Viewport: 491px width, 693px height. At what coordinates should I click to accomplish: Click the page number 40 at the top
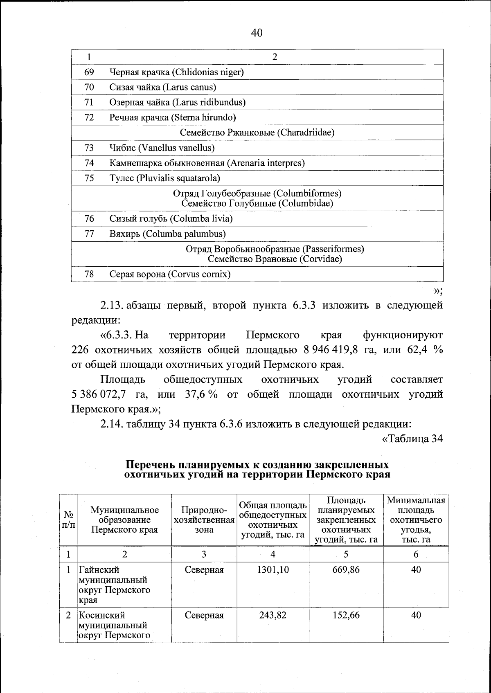click(x=257, y=33)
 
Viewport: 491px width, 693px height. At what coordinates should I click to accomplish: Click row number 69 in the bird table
click(x=89, y=72)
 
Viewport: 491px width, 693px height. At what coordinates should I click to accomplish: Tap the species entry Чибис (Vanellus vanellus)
click(x=162, y=148)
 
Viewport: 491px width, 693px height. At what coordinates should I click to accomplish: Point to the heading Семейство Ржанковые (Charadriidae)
click(x=257, y=133)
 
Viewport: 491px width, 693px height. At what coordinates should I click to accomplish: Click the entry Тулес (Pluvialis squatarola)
click(x=165, y=178)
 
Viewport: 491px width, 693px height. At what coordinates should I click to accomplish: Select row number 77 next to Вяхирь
click(x=89, y=234)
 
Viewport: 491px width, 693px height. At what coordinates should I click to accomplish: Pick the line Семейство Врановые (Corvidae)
click(x=275, y=259)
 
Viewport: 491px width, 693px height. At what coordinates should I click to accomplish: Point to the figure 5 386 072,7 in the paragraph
click(x=98, y=395)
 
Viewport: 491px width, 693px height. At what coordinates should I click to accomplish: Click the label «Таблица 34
click(x=412, y=439)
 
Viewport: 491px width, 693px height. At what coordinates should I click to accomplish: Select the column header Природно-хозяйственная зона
click(x=204, y=520)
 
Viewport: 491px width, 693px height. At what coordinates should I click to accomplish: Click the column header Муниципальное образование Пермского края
click(x=124, y=520)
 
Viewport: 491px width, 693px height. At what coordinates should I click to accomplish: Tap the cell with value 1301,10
click(x=273, y=569)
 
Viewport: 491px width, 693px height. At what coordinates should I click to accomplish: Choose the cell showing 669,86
click(x=346, y=569)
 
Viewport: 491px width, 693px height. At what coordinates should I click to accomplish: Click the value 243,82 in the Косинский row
click(x=273, y=615)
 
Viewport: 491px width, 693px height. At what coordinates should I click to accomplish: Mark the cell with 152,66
click(x=346, y=615)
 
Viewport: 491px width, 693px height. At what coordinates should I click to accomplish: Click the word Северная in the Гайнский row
click(x=204, y=569)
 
